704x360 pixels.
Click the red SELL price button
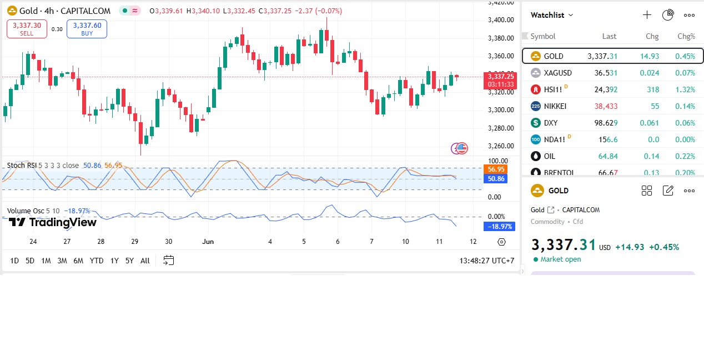click(x=27, y=29)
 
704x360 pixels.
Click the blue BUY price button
click(x=87, y=29)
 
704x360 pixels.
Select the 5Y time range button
click(x=129, y=261)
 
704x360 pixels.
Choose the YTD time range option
click(x=97, y=261)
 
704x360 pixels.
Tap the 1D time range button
click(x=14, y=261)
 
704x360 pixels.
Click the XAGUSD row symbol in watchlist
click(x=557, y=73)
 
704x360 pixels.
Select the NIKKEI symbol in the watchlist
click(x=556, y=106)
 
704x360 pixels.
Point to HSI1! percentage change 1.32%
click(x=685, y=89)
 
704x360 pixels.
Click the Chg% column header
click(x=686, y=36)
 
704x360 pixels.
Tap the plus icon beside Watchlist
click(x=647, y=15)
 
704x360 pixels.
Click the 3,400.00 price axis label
click(x=500, y=20)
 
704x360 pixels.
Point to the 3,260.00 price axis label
click(x=500, y=146)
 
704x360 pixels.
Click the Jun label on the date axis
click(x=208, y=242)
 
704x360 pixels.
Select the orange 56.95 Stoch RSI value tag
click(x=496, y=169)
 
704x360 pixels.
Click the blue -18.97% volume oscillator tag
click(x=500, y=227)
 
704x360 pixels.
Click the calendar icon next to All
click(x=169, y=261)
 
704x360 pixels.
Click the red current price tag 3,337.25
click(x=500, y=77)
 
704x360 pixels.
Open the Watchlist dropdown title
click(x=551, y=15)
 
